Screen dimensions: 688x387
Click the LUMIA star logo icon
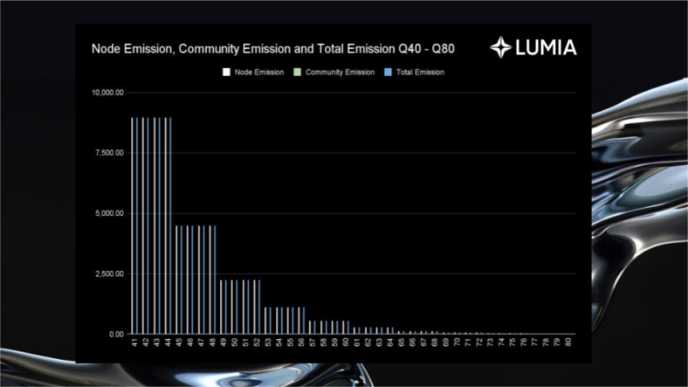[x=501, y=47]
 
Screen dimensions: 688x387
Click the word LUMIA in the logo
[x=546, y=48]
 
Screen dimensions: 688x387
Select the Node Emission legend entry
[x=253, y=72]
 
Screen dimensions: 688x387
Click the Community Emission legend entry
[x=334, y=72]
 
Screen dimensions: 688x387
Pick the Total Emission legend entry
[x=414, y=72]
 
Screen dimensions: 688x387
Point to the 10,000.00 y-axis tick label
[x=107, y=93]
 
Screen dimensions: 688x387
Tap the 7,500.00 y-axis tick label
[x=110, y=153]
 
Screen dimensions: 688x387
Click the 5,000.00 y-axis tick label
[x=110, y=213]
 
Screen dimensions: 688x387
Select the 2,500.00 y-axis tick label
[x=110, y=273]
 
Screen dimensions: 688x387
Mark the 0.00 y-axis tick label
[x=116, y=334]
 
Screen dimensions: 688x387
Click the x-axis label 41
[x=134, y=341]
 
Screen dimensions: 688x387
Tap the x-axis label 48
[x=212, y=341]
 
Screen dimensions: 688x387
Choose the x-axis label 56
[x=301, y=341]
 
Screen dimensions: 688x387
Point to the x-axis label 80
[x=568, y=341]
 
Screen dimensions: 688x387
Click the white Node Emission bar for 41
[x=132, y=225]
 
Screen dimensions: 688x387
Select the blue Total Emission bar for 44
[x=170, y=225]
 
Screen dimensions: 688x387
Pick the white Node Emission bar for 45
[x=176, y=280]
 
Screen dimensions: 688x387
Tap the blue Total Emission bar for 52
[x=259, y=307]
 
